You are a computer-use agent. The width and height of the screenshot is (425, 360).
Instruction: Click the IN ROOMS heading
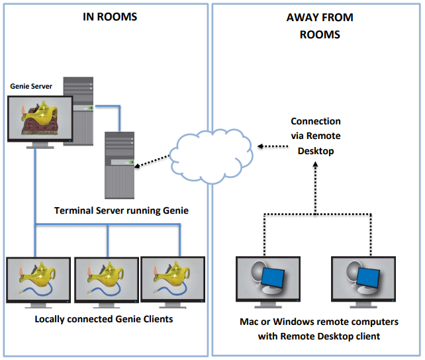[x=110, y=17]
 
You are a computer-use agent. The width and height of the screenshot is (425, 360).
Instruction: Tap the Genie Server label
[x=31, y=86]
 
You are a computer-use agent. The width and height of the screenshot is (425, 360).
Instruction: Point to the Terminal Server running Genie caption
[x=122, y=210]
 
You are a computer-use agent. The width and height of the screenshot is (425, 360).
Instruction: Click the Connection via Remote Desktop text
[x=316, y=136]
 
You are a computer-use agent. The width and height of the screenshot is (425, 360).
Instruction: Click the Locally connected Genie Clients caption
[x=103, y=319]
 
